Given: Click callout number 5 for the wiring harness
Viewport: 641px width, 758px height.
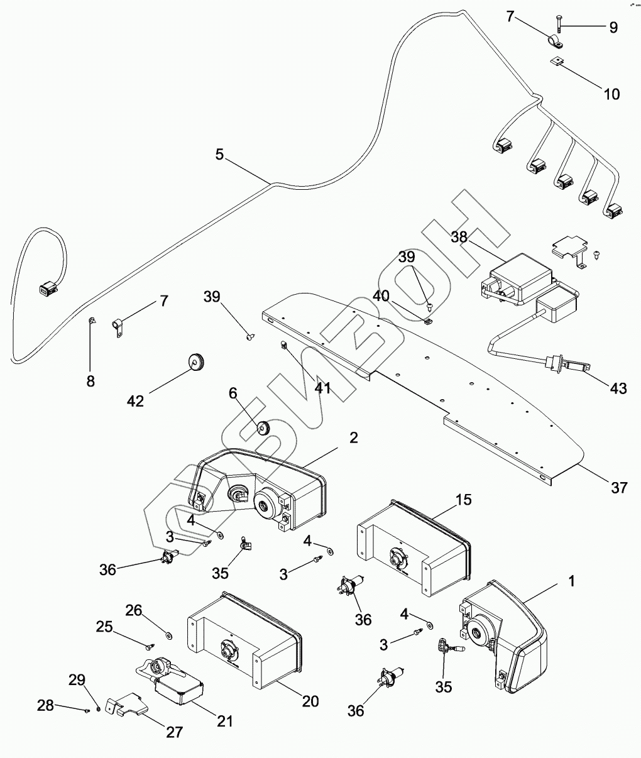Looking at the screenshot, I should (x=219, y=154).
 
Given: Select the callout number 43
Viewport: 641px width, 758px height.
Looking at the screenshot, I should (x=618, y=388).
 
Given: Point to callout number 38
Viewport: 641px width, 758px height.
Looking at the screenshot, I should (x=460, y=237).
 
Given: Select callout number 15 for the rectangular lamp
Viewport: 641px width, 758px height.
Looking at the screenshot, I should (x=464, y=500).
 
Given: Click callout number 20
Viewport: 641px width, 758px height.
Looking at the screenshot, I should (x=309, y=701).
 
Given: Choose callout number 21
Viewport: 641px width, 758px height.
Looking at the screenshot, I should (x=224, y=721).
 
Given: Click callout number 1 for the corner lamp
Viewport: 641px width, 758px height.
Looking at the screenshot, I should (x=571, y=582).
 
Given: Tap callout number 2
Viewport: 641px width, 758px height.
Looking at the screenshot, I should (x=354, y=438).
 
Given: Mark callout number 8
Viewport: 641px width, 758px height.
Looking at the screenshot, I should (x=90, y=382).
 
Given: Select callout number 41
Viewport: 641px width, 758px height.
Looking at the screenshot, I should (x=322, y=388).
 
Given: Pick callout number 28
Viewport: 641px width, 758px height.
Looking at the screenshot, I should (x=45, y=706).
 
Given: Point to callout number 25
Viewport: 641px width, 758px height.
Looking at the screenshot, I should (x=104, y=627).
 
